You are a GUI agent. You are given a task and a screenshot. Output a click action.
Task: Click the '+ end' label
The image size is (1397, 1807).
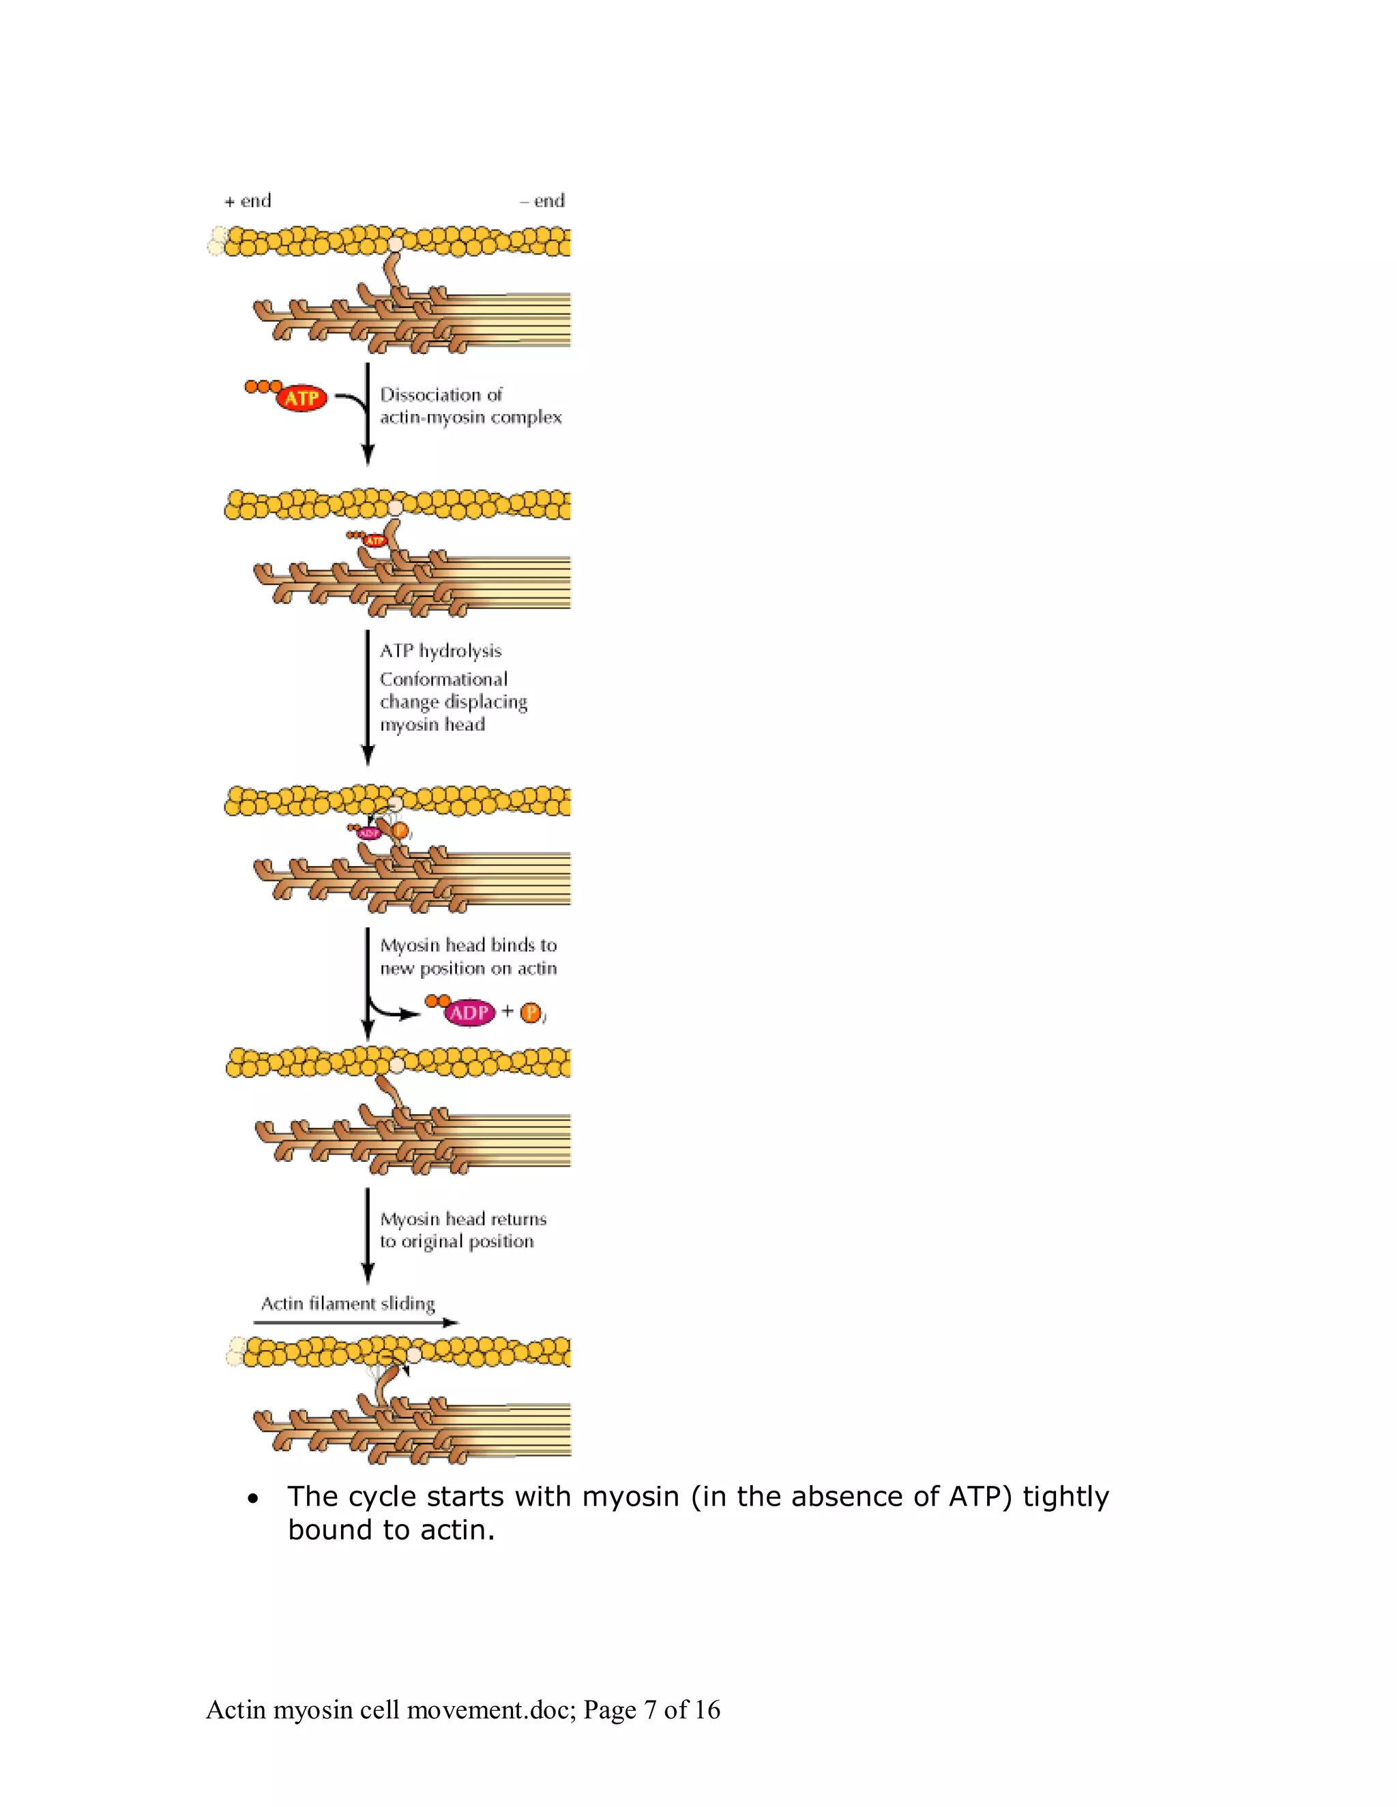click(248, 201)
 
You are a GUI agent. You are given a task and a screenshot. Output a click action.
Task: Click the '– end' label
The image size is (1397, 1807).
click(542, 201)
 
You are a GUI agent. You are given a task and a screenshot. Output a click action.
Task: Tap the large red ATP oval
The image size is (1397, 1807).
click(302, 399)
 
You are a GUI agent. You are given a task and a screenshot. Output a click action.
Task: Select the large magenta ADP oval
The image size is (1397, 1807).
click(469, 1012)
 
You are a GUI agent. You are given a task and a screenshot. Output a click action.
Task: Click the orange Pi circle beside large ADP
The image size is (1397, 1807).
click(531, 1013)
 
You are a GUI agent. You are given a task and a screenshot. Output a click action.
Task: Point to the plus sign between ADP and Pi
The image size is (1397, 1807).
click(508, 1011)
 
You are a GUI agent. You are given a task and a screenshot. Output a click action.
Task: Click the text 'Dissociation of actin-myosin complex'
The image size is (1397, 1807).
click(470, 406)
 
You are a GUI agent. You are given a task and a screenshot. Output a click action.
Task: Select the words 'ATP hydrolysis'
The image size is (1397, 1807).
click(440, 651)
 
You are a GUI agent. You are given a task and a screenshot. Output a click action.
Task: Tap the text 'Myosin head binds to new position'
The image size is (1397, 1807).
click(467, 957)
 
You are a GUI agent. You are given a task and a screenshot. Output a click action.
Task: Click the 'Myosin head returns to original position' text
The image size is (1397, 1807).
click(462, 1229)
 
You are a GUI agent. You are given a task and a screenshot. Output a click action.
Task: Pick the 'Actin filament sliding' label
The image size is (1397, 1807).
click(348, 1304)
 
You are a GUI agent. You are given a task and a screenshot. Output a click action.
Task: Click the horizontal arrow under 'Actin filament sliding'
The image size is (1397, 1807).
click(356, 1322)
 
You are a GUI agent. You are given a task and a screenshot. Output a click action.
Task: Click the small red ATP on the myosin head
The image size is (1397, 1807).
click(375, 540)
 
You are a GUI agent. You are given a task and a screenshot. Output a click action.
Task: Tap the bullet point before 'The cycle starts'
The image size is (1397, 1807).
click(253, 1498)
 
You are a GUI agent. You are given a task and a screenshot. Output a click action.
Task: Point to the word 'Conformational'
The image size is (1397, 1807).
click(443, 679)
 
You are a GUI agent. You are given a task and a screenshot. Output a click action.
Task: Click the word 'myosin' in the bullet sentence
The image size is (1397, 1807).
click(631, 1497)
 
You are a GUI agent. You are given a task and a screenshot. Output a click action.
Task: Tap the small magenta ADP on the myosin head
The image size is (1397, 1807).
click(368, 833)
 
